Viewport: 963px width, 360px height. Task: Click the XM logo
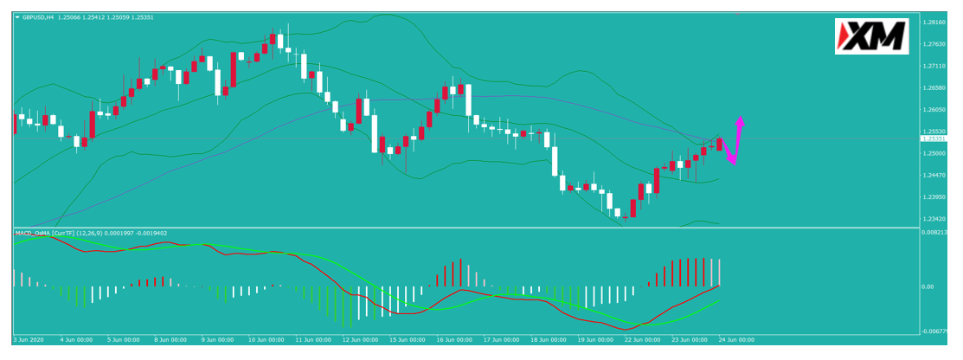(x=871, y=36)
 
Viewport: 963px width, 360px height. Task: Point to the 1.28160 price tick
(x=934, y=22)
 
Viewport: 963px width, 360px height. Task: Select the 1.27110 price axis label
(x=934, y=66)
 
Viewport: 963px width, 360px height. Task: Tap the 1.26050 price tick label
(x=934, y=110)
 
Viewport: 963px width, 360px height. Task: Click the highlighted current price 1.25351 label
(x=934, y=138)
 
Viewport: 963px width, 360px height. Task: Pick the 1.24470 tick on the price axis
(x=934, y=176)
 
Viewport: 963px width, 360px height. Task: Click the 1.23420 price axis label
(x=934, y=220)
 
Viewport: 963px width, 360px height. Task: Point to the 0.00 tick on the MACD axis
(x=928, y=286)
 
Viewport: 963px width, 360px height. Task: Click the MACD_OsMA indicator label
(x=33, y=233)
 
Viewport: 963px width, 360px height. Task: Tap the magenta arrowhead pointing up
(x=741, y=121)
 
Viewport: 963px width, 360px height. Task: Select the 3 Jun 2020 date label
(x=29, y=339)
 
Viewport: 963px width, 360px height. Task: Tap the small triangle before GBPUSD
(x=17, y=16)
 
